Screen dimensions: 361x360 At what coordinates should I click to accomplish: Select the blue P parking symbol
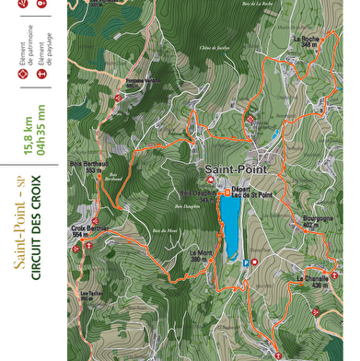(x=244, y=262)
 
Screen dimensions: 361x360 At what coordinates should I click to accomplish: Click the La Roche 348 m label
(x=307, y=41)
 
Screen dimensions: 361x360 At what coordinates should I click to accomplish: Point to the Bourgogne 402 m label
(x=318, y=222)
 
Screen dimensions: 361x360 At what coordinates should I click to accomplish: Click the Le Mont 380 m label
(x=200, y=255)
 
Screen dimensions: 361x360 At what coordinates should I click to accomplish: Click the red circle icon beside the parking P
(x=255, y=262)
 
